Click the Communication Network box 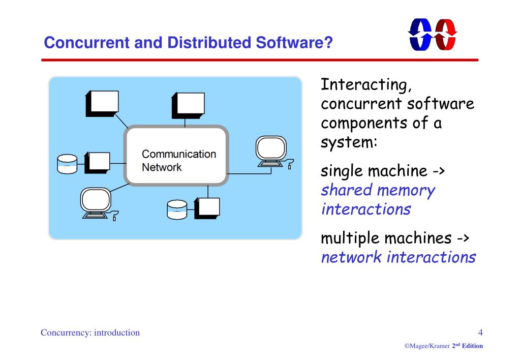[177, 156]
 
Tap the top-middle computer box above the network [189, 105]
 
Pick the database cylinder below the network [177, 209]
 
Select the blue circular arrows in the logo [420, 35]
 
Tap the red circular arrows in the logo [446, 35]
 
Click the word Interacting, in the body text [365, 84]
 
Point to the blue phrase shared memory [378, 190]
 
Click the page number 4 [480, 333]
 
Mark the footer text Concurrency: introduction [90, 333]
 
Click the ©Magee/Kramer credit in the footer [427, 346]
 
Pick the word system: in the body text [349, 142]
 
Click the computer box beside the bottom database [208, 207]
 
